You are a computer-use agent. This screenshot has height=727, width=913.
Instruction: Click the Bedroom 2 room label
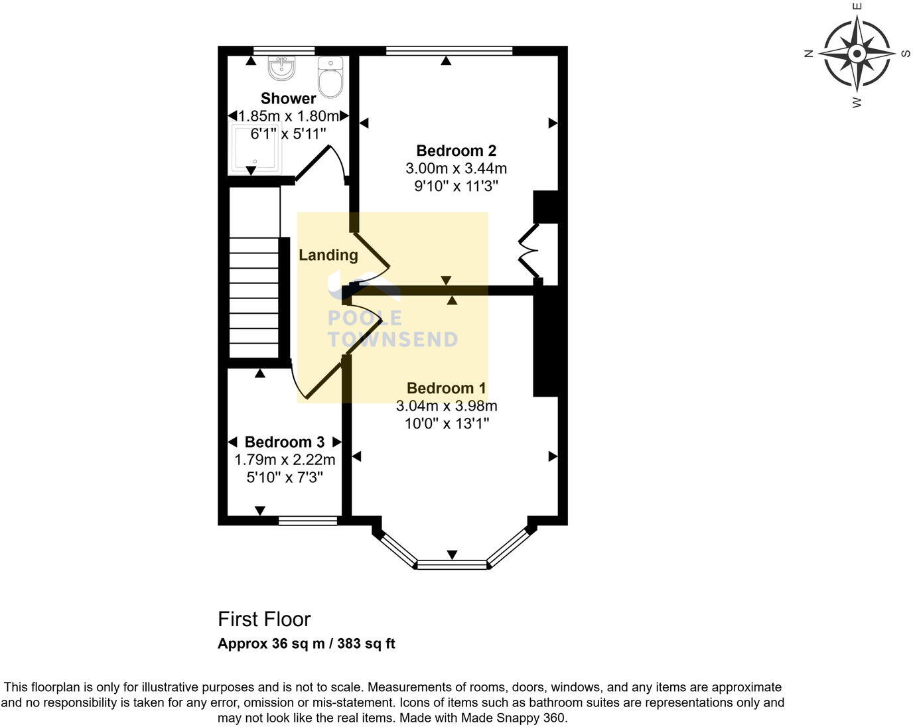[456, 151]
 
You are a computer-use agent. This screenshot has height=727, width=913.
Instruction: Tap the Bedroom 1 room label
[446, 388]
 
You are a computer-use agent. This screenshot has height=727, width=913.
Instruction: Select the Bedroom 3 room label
[284, 442]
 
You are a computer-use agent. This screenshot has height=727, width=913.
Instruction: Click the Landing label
[328, 255]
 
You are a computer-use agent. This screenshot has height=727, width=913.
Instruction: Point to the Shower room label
[288, 99]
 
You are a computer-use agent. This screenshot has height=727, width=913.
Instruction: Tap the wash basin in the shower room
[281, 68]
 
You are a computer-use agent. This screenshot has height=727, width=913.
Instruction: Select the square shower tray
[254, 148]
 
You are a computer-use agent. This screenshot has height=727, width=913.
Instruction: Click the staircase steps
[254, 298]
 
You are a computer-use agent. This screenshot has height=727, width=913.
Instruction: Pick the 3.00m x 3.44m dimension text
[456, 168]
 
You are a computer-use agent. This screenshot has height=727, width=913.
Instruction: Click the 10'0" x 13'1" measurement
[447, 423]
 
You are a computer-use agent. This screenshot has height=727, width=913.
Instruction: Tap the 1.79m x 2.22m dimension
[284, 460]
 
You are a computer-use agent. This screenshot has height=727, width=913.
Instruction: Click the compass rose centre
[857, 54]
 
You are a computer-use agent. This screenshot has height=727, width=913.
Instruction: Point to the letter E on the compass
[857, 7]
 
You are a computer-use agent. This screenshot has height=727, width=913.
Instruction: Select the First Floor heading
[264, 619]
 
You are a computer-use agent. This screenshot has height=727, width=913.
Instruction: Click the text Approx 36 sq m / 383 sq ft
[306, 643]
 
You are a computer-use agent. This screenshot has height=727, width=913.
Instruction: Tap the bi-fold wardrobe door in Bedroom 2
[529, 251]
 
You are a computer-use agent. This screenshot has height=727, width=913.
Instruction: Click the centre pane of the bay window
[452, 564]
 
